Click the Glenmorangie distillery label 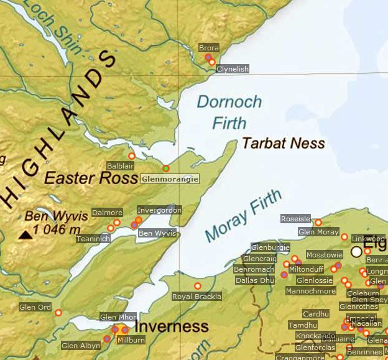click(170, 179)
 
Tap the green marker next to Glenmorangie click(165, 168)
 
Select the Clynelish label click(232, 69)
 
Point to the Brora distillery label click(209, 48)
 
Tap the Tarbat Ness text click(283, 144)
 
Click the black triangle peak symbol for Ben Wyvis click(25, 234)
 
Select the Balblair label click(121, 167)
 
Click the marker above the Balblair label click(131, 156)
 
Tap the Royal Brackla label click(196, 297)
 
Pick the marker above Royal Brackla click(198, 286)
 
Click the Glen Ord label click(35, 307)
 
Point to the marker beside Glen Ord click(58, 313)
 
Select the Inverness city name click(172, 326)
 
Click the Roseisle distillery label click(296, 219)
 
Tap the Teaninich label click(93, 239)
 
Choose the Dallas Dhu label click(254, 280)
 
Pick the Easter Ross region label click(91, 178)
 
